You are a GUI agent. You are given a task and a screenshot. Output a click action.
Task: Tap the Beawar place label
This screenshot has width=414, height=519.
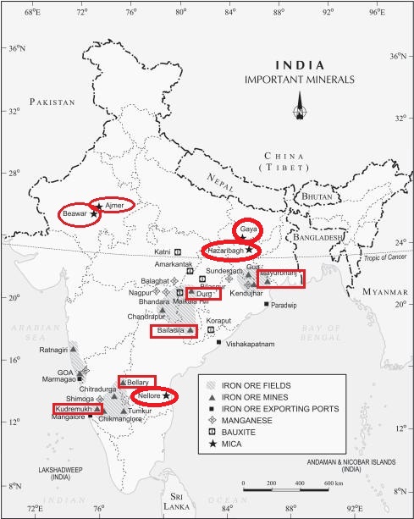(x=75, y=215)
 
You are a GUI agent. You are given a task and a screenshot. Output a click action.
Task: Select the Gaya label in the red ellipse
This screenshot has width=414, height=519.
(x=248, y=229)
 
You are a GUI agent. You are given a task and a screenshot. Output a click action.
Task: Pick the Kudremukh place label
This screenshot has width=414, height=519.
(x=73, y=409)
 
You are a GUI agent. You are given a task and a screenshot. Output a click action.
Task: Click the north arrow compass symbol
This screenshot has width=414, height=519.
(x=299, y=108)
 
